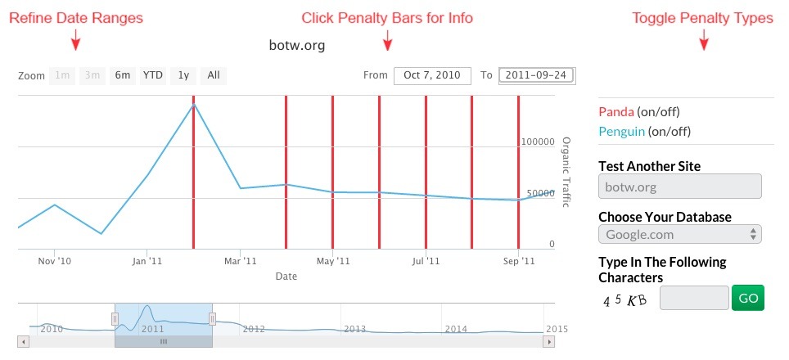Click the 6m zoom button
[x=123, y=75]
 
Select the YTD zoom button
[x=153, y=75]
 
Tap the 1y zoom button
[x=184, y=75]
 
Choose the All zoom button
[x=213, y=75]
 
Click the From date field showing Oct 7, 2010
[x=433, y=75]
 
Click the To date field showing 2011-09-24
[x=537, y=75]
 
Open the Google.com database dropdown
[x=680, y=234]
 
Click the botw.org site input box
[x=680, y=187]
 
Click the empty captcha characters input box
[x=693, y=298]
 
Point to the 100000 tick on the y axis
[x=538, y=142]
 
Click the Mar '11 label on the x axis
[x=241, y=261]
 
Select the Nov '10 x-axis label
[x=54, y=261]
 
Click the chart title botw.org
[x=297, y=46]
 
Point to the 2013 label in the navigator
[x=354, y=329]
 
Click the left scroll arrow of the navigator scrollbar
[x=24, y=340]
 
